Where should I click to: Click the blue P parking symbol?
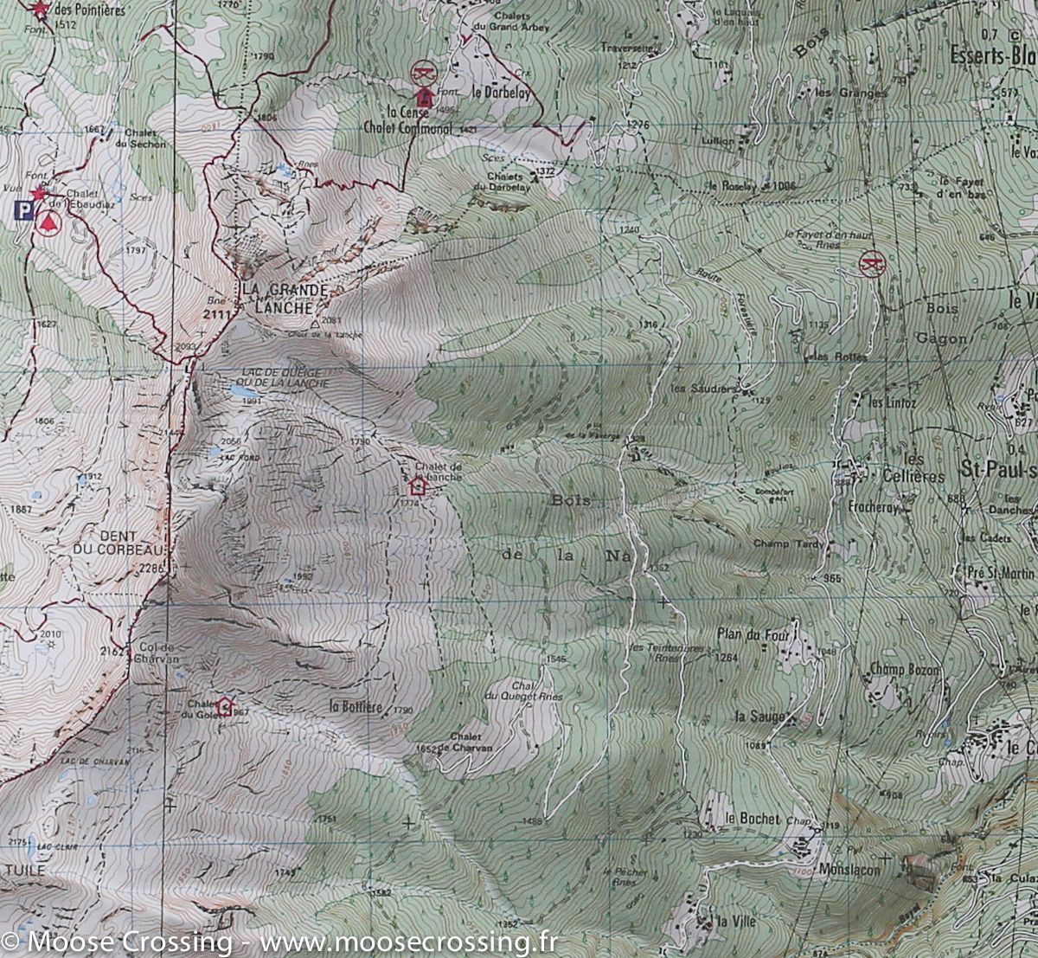[x=24, y=209]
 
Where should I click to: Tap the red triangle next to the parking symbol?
[x=48, y=222]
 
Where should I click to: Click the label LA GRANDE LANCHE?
[x=273, y=297]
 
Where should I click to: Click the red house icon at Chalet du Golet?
[x=225, y=705]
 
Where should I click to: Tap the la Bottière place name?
[x=356, y=706]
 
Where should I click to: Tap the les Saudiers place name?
[x=707, y=389]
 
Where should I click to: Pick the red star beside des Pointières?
[x=38, y=10]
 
